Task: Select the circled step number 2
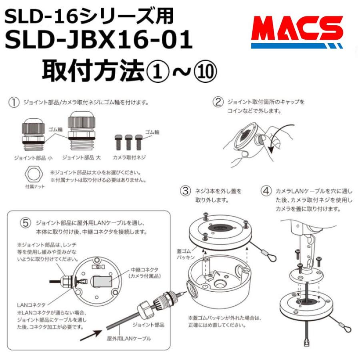pos(218,102)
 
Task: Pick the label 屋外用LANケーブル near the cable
pos(129,338)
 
